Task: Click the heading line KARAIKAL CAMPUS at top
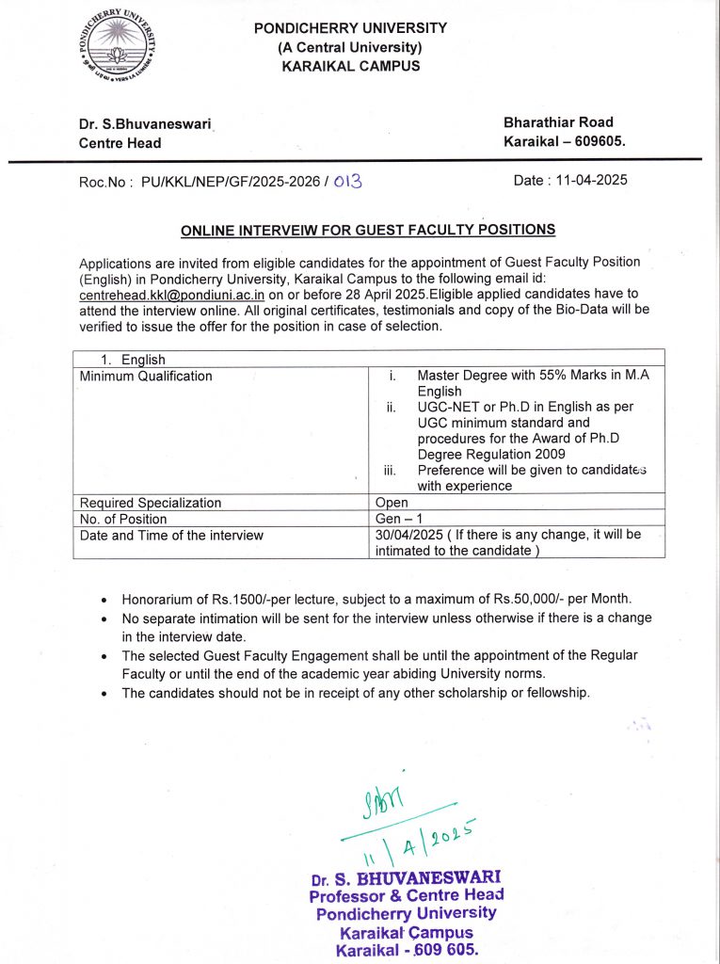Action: click(x=350, y=66)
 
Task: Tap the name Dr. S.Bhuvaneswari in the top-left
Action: click(x=145, y=123)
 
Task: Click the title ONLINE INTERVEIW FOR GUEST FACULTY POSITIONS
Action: click(x=368, y=230)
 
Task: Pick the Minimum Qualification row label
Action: click(x=146, y=377)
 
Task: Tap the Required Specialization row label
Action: click(x=151, y=503)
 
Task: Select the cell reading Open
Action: click(x=392, y=503)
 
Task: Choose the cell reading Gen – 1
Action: click(x=398, y=519)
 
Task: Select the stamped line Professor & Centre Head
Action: click(x=407, y=895)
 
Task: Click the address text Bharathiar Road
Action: click(x=558, y=122)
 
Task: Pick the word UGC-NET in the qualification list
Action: click(x=449, y=408)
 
